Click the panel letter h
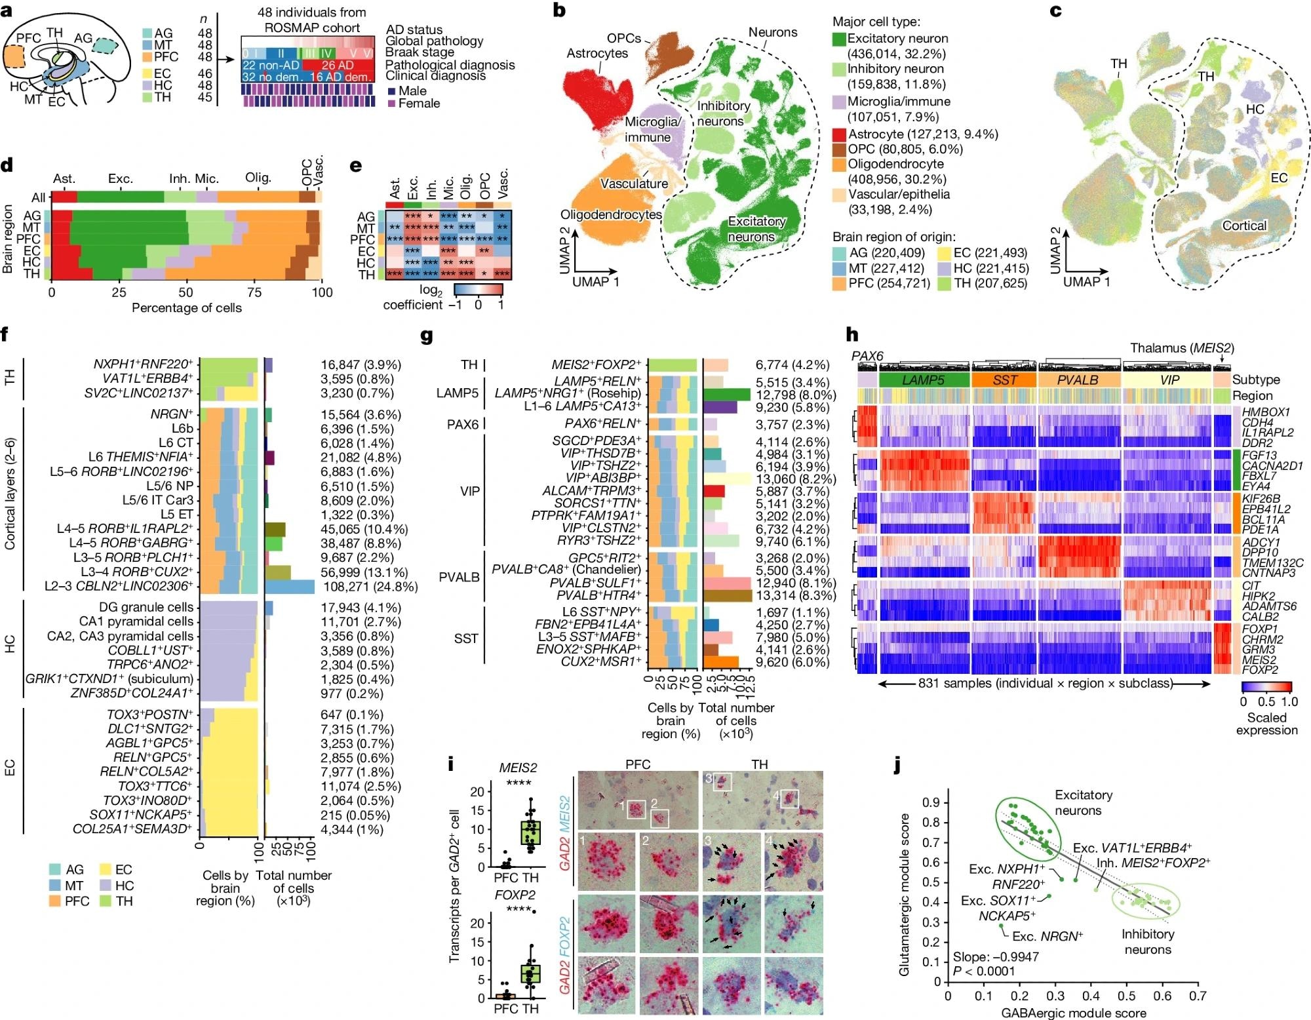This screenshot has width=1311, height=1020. tap(853, 336)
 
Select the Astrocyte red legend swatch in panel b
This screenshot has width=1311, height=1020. tap(839, 134)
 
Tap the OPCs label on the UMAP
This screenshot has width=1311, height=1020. tap(623, 38)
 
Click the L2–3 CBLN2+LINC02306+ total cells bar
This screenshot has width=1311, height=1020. tap(289, 587)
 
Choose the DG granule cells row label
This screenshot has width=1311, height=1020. tap(146, 608)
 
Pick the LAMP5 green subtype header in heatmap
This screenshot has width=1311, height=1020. tap(924, 380)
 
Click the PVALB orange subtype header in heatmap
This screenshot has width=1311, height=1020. tap(1078, 380)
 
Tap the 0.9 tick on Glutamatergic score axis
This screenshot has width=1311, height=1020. tap(931, 802)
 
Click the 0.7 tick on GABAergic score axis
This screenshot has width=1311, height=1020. tap(1198, 995)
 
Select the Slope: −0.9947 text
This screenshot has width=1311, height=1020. tap(996, 956)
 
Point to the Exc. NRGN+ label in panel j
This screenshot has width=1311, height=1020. tap(1047, 936)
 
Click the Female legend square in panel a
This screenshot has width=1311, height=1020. tap(391, 104)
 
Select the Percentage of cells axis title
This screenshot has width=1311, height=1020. tap(186, 307)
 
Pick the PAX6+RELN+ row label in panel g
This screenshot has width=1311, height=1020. tap(603, 424)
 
